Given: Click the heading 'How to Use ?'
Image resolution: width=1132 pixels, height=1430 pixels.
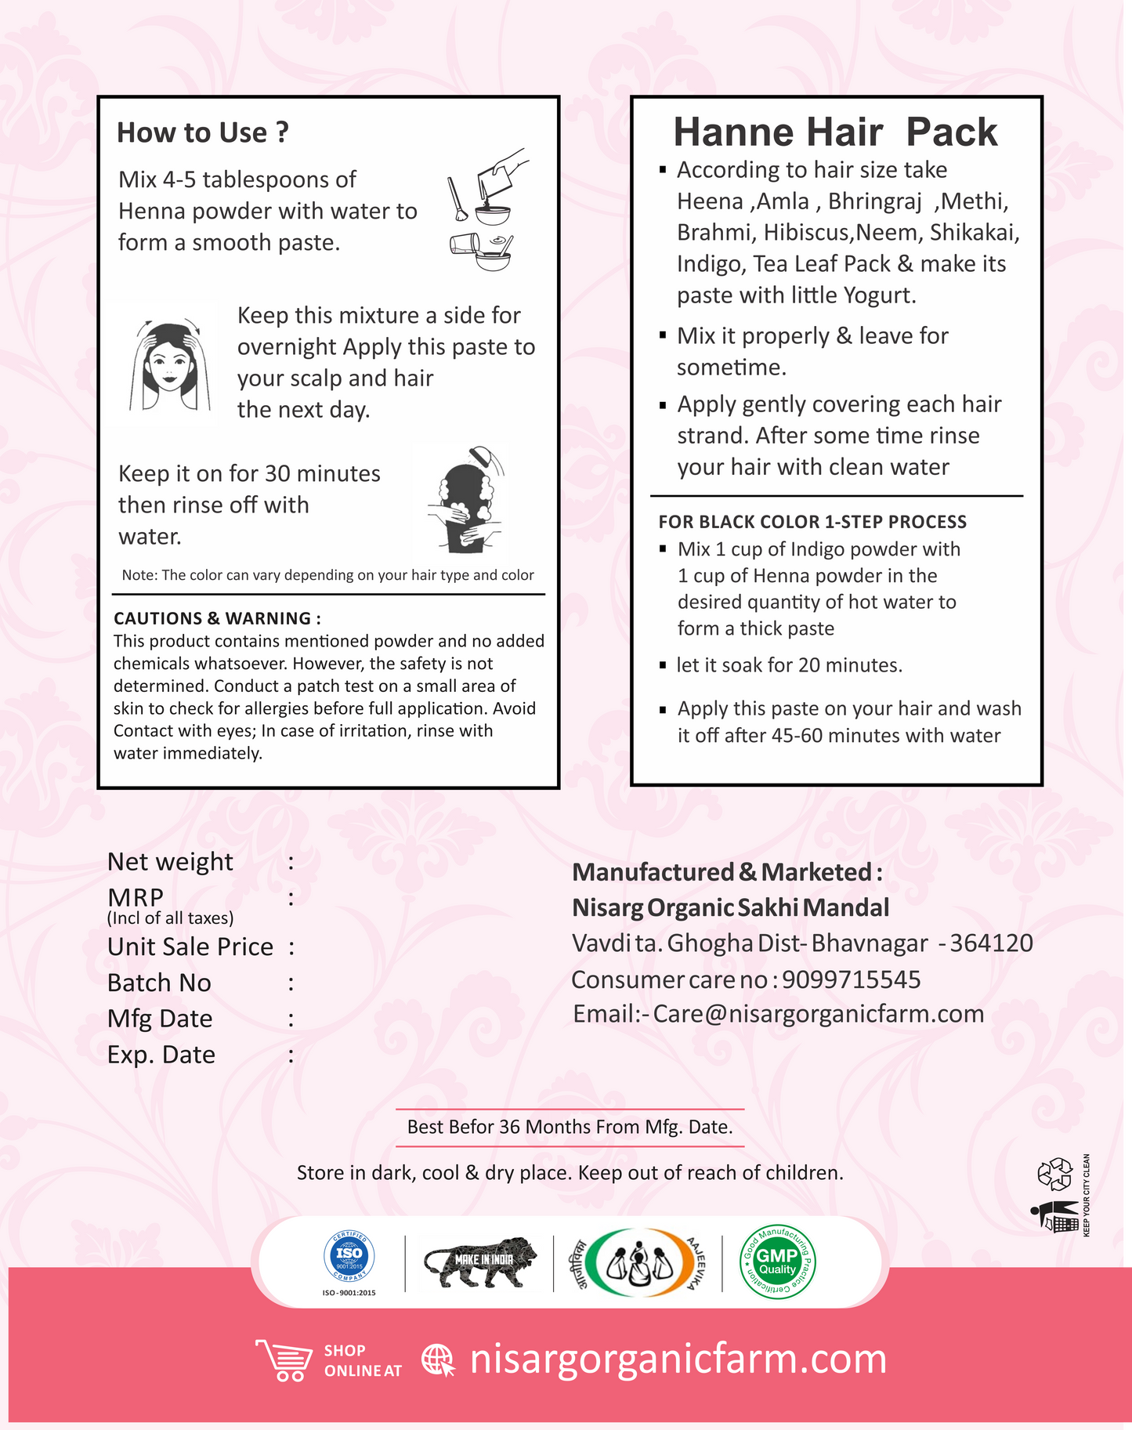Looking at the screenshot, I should click(203, 132).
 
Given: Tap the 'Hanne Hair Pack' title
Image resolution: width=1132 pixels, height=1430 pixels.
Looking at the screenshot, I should click(835, 132).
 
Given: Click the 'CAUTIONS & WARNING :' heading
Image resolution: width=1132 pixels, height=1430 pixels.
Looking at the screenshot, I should click(217, 618).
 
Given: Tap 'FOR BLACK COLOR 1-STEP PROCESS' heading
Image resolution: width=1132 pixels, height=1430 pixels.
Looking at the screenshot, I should click(812, 522).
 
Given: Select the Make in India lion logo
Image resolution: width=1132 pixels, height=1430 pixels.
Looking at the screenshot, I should click(479, 1260).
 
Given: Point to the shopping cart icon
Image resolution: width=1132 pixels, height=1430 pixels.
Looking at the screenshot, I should click(284, 1359).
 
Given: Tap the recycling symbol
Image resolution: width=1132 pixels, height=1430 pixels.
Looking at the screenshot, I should click(1054, 1173).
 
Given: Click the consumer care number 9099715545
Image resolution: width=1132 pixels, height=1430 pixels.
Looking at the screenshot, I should click(852, 979).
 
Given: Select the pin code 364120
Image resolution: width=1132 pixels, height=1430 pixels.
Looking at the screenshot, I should click(992, 943).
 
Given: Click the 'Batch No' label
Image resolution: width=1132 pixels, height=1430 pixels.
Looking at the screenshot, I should click(159, 983).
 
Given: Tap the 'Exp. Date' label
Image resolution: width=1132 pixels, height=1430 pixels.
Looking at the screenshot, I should click(161, 1055).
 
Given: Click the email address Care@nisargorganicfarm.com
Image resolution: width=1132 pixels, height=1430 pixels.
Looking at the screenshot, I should click(819, 1014).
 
